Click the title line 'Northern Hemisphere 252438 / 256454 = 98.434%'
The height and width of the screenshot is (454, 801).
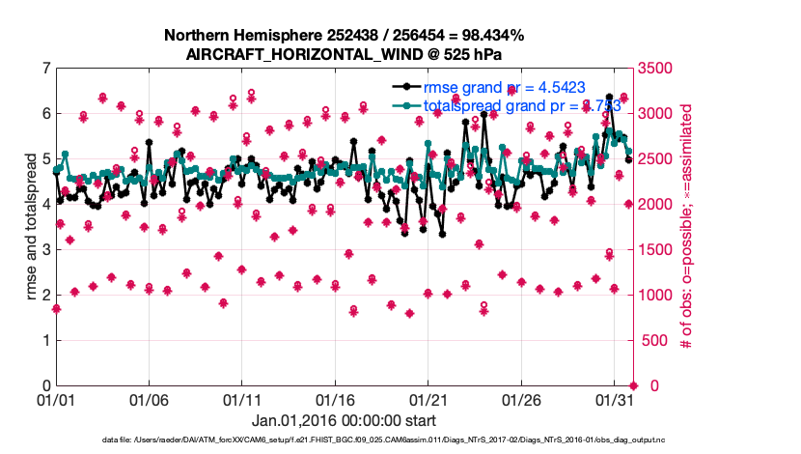click(345, 36)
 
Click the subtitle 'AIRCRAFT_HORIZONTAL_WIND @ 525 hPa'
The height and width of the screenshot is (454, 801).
click(345, 54)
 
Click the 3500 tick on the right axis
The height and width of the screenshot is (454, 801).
click(655, 69)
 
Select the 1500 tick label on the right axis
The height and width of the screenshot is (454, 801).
click(655, 250)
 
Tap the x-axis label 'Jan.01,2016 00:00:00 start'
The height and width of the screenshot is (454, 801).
click(344, 421)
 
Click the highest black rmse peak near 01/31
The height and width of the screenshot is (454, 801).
click(609, 98)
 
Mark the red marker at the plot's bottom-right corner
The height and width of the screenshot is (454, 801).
click(633, 385)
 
